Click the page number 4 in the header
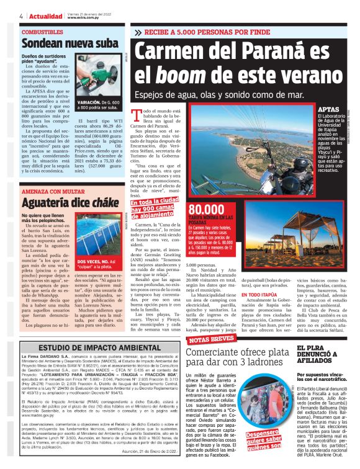pyautogui.click(x=22, y=16)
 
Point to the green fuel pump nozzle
pyautogui.click(x=93, y=74)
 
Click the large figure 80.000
pyautogui.click(x=210, y=210)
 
